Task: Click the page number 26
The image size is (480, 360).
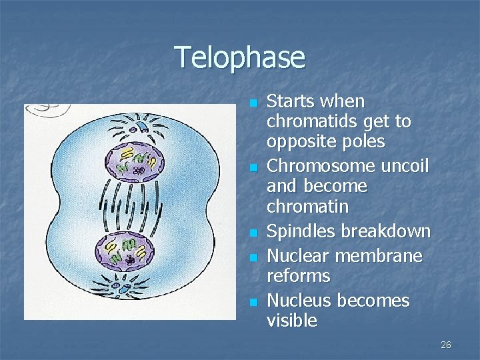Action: [x=446, y=345]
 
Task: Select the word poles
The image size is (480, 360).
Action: [x=361, y=142]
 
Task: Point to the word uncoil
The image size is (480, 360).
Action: [x=405, y=165]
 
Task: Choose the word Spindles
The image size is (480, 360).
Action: [x=301, y=232]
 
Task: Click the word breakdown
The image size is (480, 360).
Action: [x=386, y=232]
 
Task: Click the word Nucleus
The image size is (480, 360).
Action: [x=299, y=300]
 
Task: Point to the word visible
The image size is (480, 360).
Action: [x=291, y=321]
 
